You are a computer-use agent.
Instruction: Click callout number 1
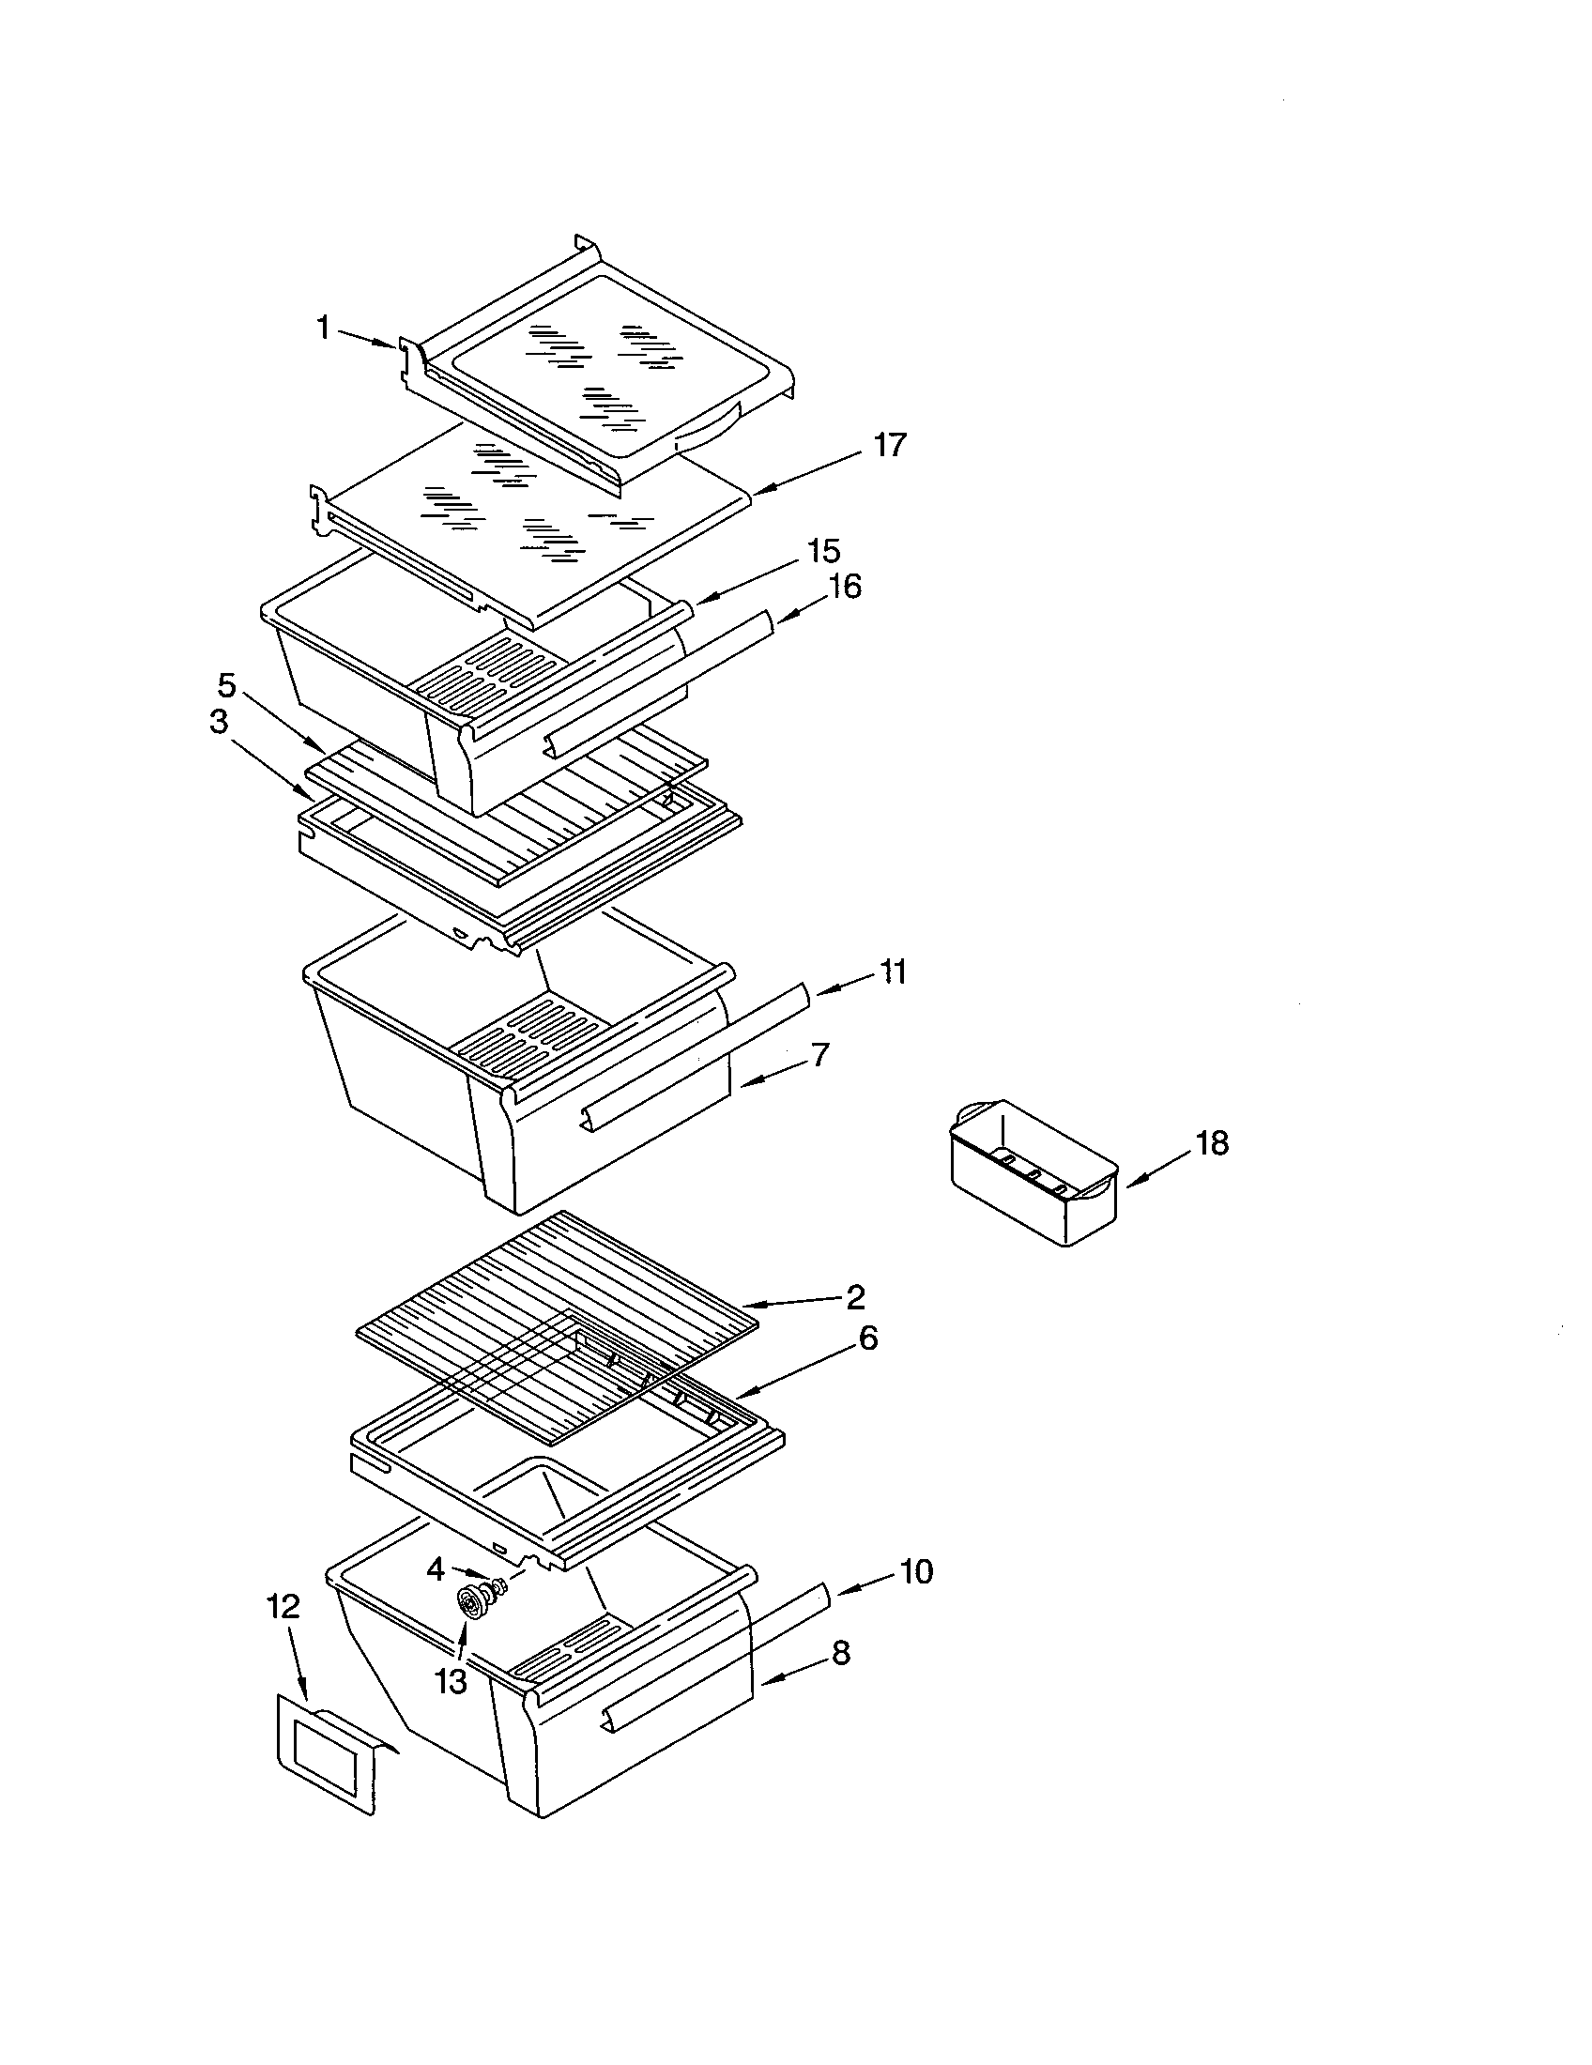(x=323, y=329)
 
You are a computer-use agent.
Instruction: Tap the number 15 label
(x=823, y=550)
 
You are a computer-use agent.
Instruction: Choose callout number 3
(x=218, y=722)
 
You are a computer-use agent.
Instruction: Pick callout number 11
(x=893, y=971)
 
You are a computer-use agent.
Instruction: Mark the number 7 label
(x=819, y=1054)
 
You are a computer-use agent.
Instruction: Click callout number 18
(x=1211, y=1143)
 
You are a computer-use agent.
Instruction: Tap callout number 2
(x=854, y=1297)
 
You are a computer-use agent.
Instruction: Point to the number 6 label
(x=867, y=1338)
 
